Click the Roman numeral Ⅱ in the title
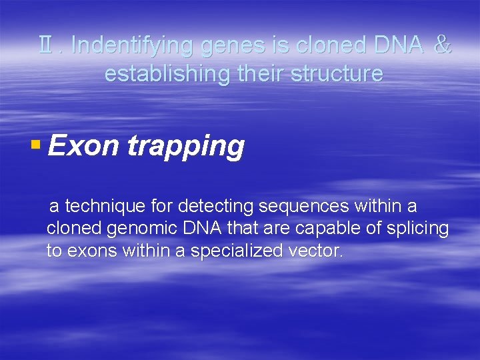[47, 45]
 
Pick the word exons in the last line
[89, 251]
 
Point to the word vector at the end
[317, 251]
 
